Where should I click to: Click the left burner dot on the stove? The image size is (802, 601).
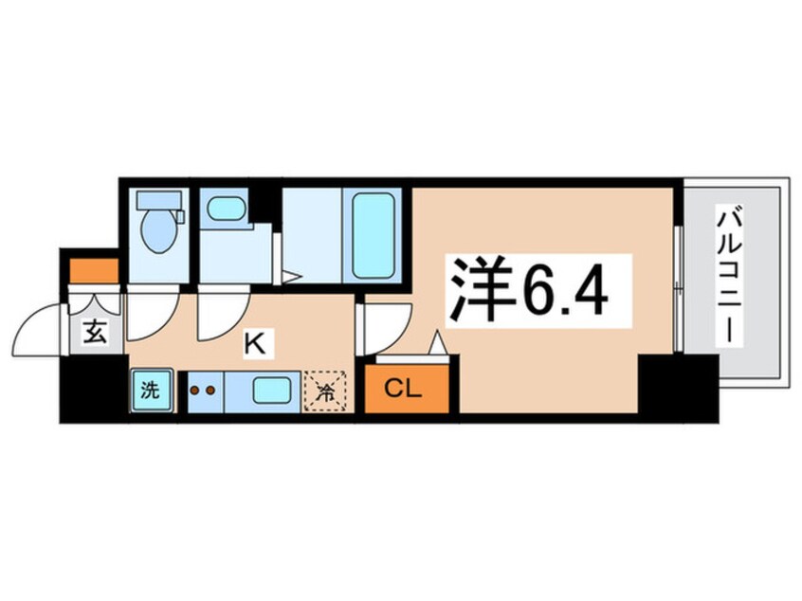tap(194, 389)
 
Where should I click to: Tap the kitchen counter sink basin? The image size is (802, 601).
tap(272, 390)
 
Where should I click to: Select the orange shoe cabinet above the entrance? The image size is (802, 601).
tap(92, 270)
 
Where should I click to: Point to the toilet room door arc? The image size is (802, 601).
tap(147, 318)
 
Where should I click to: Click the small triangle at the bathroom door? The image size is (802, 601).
tap(292, 278)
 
